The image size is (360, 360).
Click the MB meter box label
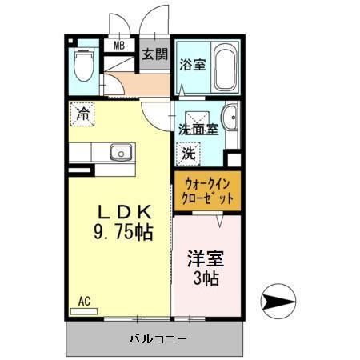pyautogui.click(x=118, y=45)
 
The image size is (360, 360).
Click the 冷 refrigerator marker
pyautogui.click(x=82, y=114)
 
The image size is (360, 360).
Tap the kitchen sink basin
pyautogui.click(x=122, y=151)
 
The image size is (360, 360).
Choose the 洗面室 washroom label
pyautogui.click(x=198, y=128)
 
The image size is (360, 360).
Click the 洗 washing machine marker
pyautogui.click(x=189, y=152)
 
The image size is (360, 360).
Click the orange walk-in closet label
pyautogui.click(x=206, y=190)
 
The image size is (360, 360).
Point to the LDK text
pyautogui.click(x=124, y=212)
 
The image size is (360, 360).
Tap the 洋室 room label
pyautogui.click(x=206, y=259)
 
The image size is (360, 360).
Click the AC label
pyautogui.click(x=84, y=302)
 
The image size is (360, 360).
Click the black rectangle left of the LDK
pyautogui.click(x=79, y=171)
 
